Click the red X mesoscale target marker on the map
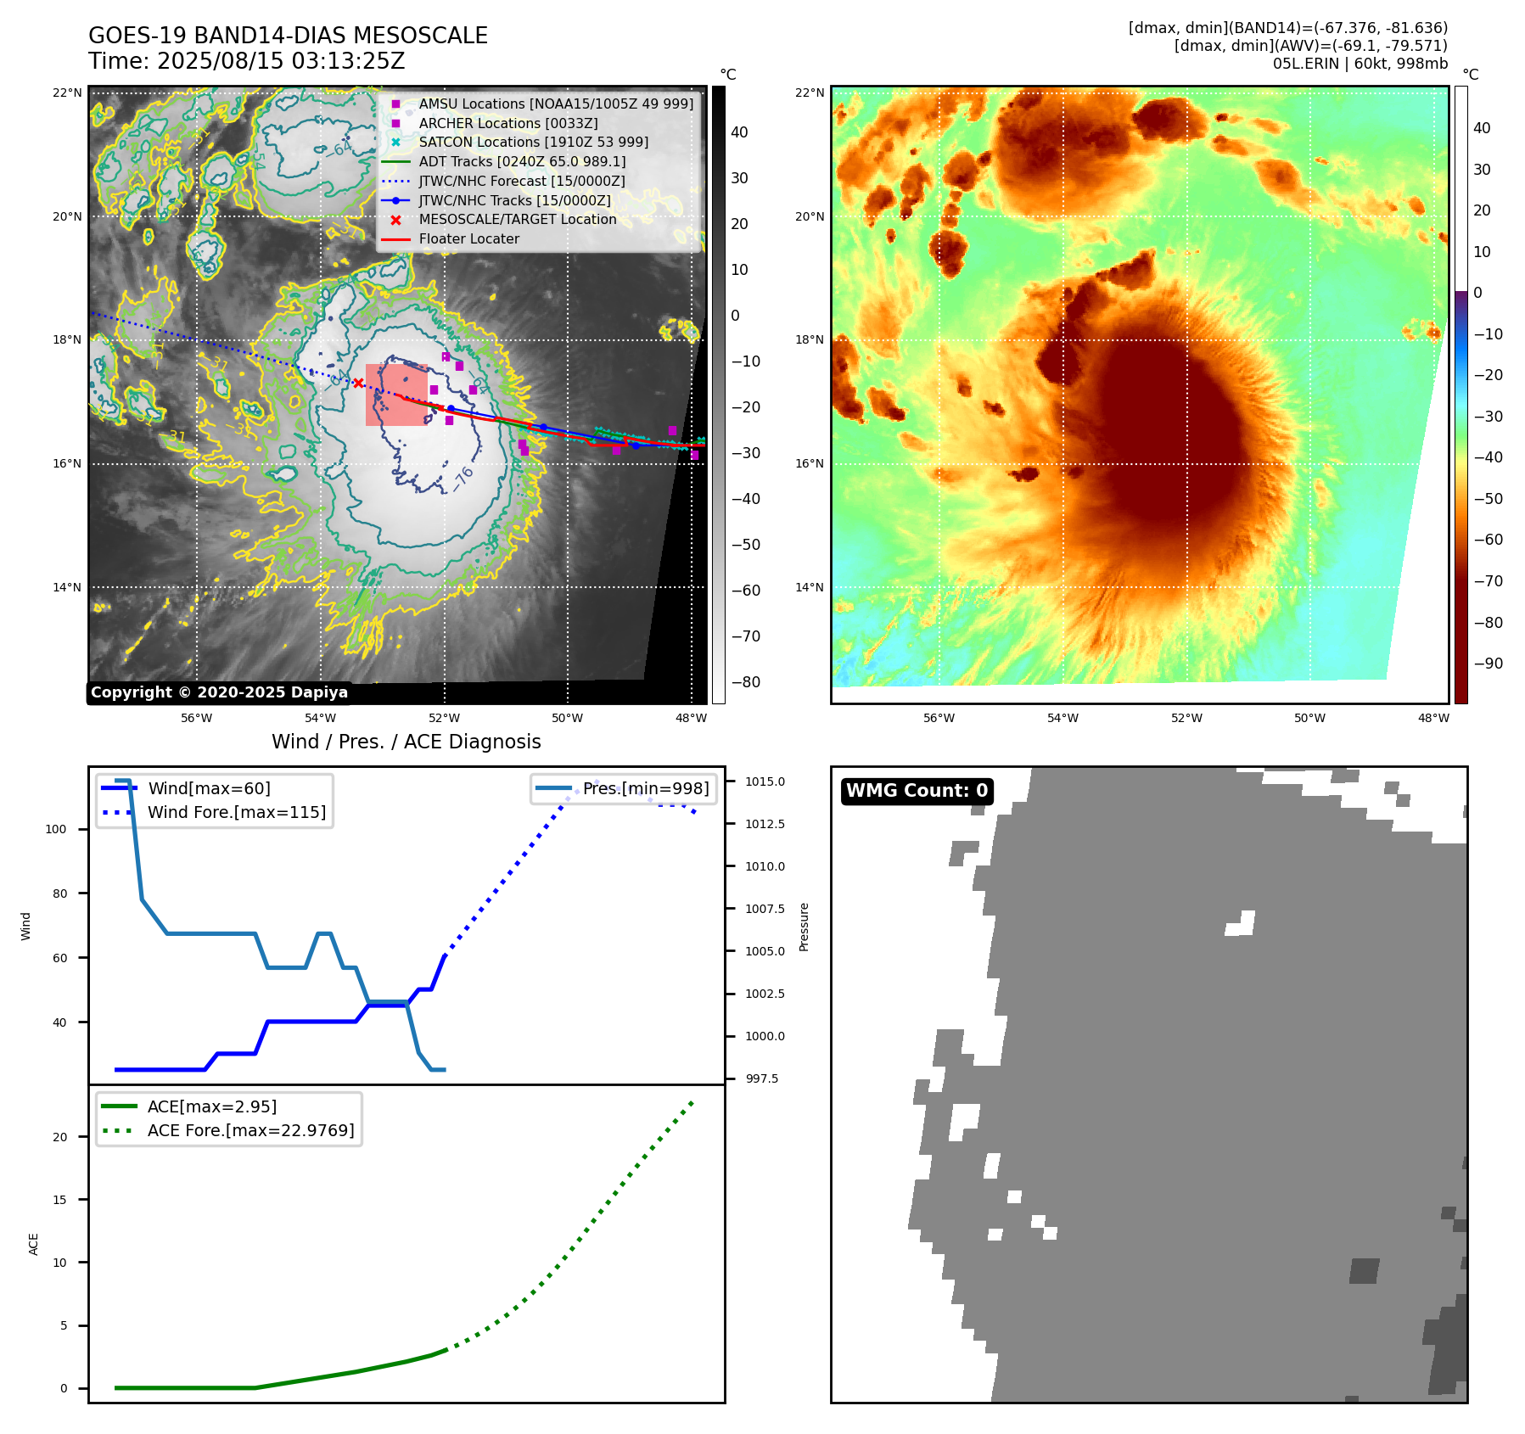pos(358,383)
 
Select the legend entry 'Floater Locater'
pos(468,239)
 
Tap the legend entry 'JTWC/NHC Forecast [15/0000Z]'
pos(521,181)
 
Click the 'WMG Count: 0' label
pos(917,791)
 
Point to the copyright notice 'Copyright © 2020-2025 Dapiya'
pos(219,692)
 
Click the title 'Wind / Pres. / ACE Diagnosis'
pos(406,742)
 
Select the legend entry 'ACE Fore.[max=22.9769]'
pos(250,1130)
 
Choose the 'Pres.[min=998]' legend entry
pos(645,788)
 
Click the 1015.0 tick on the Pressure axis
pos(765,781)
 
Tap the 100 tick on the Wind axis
pos(56,829)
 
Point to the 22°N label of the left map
pos(68,92)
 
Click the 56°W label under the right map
pos(939,718)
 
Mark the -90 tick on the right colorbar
pos(1488,664)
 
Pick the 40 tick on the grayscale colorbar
pos(739,132)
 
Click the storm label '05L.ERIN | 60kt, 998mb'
pos(1360,64)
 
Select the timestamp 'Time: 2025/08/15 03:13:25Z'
pos(246,62)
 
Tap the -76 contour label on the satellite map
pos(463,478)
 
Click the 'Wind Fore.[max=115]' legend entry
pos(236,812)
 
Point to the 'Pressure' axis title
pos(804,927)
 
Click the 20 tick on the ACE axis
pos(60,1137)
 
